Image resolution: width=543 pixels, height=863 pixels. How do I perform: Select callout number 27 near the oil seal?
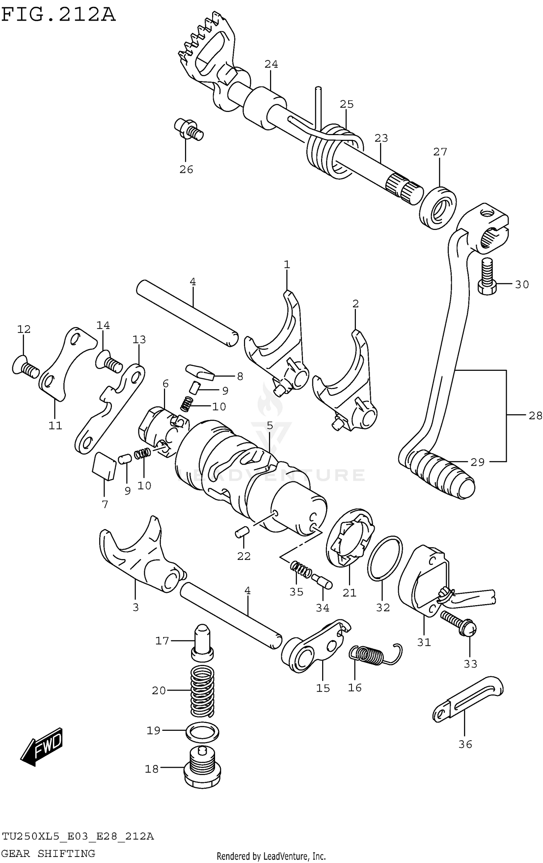coord(440,152)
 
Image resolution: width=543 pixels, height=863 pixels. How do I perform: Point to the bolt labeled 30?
coord(487,277)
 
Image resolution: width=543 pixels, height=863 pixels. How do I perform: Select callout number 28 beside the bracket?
coord(535,415)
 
